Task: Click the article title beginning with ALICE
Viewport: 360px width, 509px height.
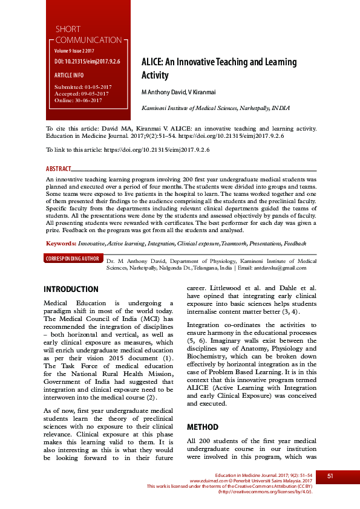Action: [218, 68]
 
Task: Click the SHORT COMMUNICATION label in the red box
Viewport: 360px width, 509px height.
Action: [88, 34]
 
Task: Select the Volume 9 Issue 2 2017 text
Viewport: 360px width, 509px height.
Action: [78, 51]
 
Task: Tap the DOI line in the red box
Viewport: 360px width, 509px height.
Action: [87, 62]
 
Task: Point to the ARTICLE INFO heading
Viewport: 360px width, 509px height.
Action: [69, 75]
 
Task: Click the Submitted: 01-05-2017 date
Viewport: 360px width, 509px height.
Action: [83, 87]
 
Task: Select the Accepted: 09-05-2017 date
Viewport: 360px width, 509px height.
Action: [82, 94]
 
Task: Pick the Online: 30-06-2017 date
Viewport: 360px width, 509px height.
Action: [79, 100]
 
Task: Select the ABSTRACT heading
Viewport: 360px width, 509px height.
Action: [59, 169]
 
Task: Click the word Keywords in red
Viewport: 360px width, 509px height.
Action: [61, 242]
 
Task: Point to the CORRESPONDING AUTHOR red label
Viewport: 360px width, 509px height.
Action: [73, 259]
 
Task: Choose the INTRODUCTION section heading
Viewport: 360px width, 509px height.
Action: [71, 290]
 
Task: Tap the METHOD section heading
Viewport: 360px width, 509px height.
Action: [202, 427]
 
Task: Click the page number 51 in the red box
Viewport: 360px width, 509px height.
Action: [330, 476]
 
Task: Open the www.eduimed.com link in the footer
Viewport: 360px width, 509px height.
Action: [208, 481]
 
